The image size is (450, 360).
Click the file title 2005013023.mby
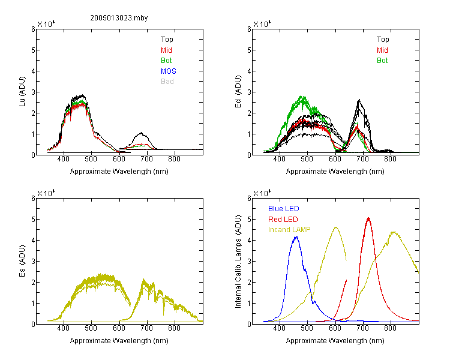tap(119, 18)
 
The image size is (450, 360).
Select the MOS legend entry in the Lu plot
tap(169, 71)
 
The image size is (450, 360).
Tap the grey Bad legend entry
tap(167, 81)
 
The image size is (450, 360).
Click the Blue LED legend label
tap(284, 208)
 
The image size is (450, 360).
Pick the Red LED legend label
tap(283, 220)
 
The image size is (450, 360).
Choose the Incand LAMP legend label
tap(289, 230)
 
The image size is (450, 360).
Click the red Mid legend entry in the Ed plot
tap(382, 50)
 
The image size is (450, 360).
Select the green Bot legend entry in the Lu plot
tap(166, 61)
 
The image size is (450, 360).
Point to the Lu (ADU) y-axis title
tap(22, 92)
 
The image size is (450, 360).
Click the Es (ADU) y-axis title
tap(22, 260)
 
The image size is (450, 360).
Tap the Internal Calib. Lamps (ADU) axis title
tap(238, 262)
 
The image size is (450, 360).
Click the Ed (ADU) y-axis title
tap(238, 92)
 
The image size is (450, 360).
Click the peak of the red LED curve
tap(368, 218)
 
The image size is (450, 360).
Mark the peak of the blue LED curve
tap(296, 237)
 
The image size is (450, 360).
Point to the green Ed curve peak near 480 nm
tap(302, 97)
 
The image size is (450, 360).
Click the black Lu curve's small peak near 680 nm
tap(141, 133)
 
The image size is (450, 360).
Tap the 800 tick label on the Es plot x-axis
tap(174, 328)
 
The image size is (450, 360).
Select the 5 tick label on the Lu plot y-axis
tap(34, 50)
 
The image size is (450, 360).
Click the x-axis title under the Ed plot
tap(335, 172)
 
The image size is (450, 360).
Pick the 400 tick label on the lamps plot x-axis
tap(279, 328)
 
